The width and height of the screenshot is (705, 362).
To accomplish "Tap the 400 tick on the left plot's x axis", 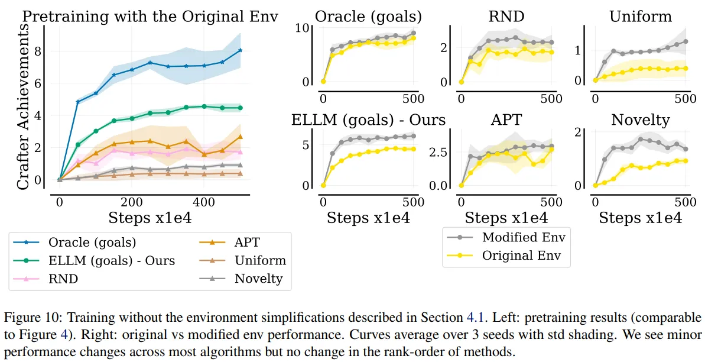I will pos(204,202).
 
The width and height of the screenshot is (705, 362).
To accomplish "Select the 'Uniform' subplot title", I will pos(640,16).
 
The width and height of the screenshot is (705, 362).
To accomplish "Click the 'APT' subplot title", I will pos(506,119).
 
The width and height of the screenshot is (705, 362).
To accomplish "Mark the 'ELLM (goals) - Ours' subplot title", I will pos(368,119).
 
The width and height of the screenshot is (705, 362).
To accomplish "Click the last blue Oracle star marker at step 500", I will pos(240,50).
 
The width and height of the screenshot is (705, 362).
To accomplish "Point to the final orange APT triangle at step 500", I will pos(240,137).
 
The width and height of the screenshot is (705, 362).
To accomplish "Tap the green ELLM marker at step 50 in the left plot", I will pos(77,144).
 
